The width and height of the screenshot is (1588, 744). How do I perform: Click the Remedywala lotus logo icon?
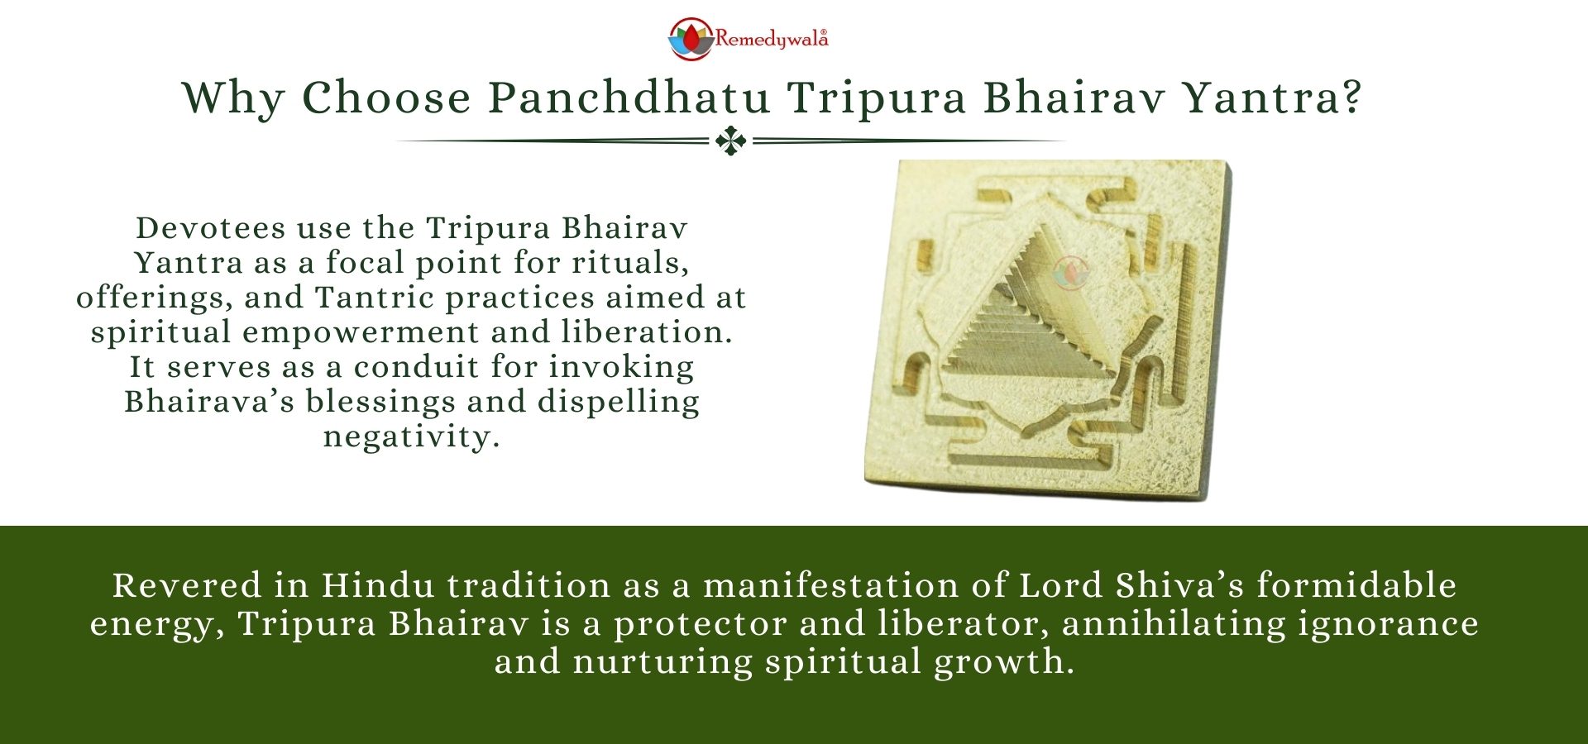point(691,39)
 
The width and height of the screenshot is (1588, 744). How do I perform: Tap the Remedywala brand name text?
point(771,39)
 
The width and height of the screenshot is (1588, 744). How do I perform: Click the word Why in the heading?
point(233,99)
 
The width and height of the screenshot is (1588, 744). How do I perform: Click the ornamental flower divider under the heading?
point(731,141)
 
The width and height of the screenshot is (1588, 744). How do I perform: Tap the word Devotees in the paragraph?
point(210,227)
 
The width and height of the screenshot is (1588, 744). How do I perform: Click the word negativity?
point(411,437)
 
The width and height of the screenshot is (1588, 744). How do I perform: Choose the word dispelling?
point(619,403)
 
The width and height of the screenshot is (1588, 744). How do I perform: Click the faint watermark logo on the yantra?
point(1072,272)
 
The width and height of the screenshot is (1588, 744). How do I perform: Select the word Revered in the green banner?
point(187,585)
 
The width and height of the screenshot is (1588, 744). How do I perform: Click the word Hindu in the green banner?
point(378,585)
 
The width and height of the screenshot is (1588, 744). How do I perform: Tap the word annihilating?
point(1174,624)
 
